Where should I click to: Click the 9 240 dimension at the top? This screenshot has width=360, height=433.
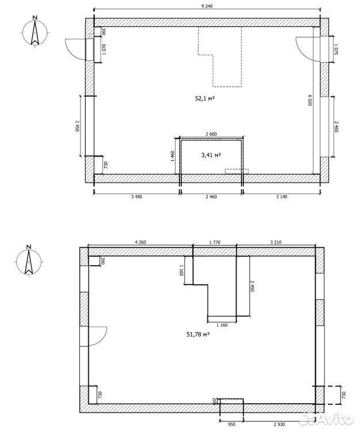coord(208,6)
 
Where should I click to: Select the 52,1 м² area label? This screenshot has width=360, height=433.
coord(205,98)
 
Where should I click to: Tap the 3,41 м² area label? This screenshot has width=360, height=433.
coord(211,155)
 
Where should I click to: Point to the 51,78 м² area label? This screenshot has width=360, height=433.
coord(198,335)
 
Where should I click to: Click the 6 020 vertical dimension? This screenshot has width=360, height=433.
coord(310,100)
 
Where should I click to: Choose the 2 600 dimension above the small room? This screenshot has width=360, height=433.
coord(211,134)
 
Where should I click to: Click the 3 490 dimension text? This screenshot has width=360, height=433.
coord(137,197)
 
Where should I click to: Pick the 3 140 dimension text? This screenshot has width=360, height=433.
coord(282,197)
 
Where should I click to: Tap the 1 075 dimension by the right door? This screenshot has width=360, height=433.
coord(336,49)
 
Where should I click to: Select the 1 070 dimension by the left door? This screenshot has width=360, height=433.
coord(104,49)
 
